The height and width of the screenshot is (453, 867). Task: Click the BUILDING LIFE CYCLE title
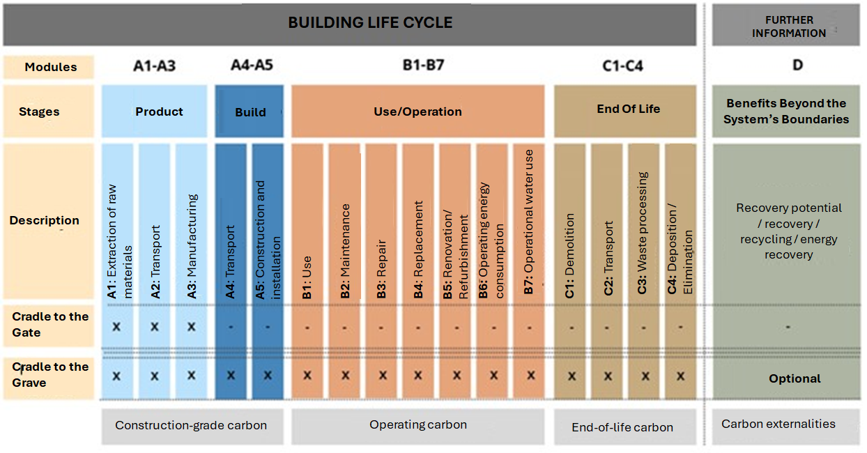(x=370, y=22)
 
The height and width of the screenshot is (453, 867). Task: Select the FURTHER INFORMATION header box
(x=785, y=25)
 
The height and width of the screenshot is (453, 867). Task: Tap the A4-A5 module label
(x=252, y=65)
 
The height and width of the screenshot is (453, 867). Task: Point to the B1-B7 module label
(x=423, y=65)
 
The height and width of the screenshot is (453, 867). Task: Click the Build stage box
(x=250, y=111)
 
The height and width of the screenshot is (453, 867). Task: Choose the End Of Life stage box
(x=624, y=111)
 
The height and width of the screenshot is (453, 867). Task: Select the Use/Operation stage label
(x=417, y=112)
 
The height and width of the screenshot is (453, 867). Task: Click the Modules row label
(x=51, y=67)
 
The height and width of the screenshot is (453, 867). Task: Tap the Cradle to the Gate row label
(x=50, y=325)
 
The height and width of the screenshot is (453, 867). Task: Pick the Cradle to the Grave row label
(x=50, y=375)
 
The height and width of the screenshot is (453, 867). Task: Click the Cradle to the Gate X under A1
(x=116, y=327)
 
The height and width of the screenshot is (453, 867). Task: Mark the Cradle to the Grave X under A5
(x=268, y=375)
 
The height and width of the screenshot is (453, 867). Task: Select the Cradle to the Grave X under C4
(x=680, y=376)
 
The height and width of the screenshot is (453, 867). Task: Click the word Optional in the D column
(x=795, y=378)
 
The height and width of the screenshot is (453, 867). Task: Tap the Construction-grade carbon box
(x=192, y=427)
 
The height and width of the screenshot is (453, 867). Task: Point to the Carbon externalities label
(x=778, y=424)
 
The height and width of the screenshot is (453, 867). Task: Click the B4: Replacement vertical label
(x=418, y=249)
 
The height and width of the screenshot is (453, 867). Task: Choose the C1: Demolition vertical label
(x=569, y=256)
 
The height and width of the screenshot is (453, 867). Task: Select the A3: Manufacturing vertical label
(x=192, y=246)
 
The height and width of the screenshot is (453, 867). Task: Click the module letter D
(x=797, y=65)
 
